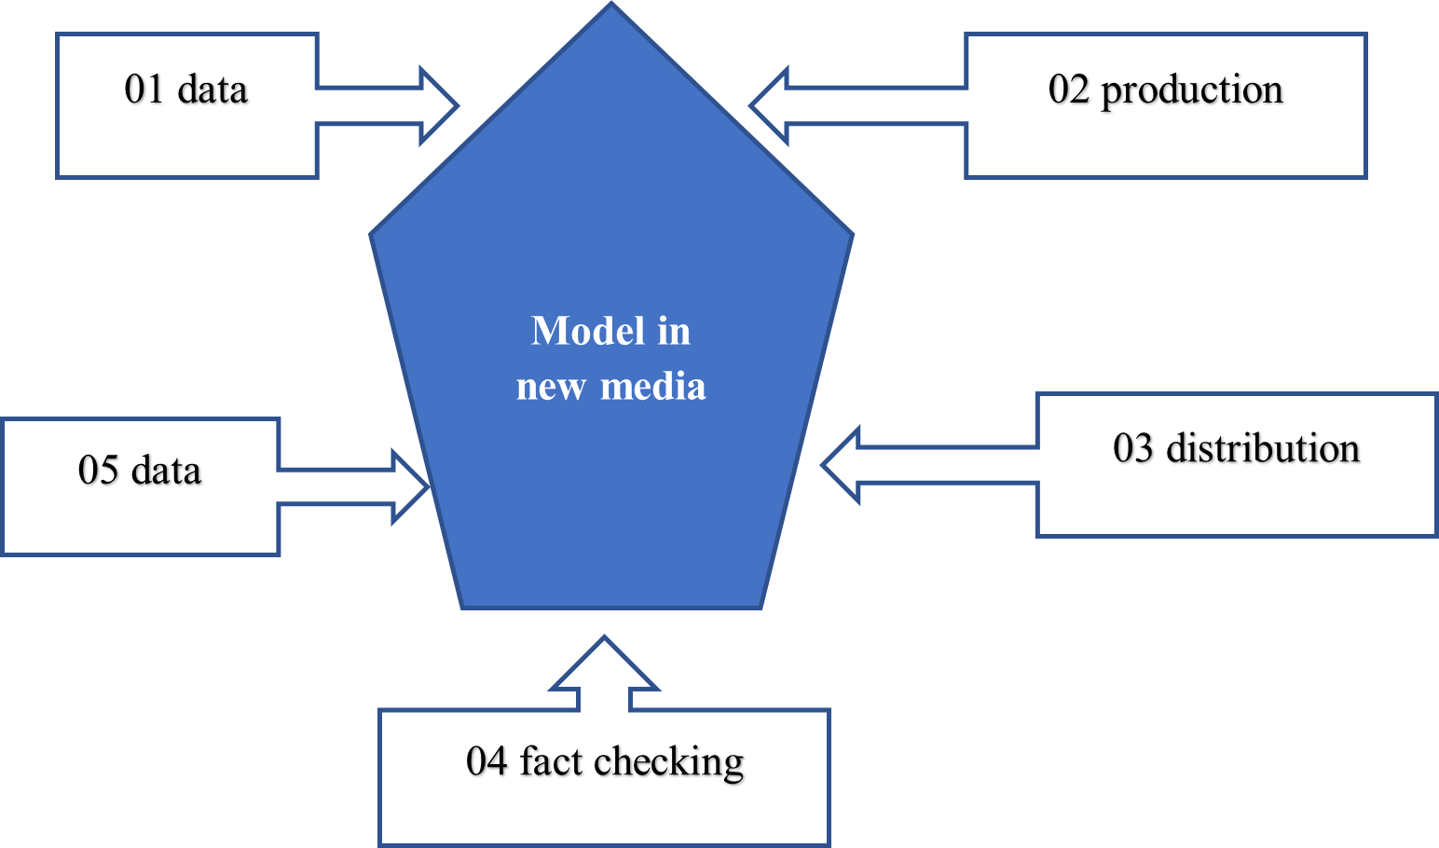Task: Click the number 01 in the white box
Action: tap(144, 89)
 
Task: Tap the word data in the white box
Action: tap(212, 89)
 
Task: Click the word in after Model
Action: tap(674, 331)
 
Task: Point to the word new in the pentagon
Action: tap(551, 386)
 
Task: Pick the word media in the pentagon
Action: tap(652, 386)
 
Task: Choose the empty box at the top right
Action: tap(1165, 105)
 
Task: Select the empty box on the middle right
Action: tap(1236, 465)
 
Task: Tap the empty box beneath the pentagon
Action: tap(604, 777)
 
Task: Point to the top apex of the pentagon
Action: tap(611, 6)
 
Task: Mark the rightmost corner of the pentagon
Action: tap(851, 235)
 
